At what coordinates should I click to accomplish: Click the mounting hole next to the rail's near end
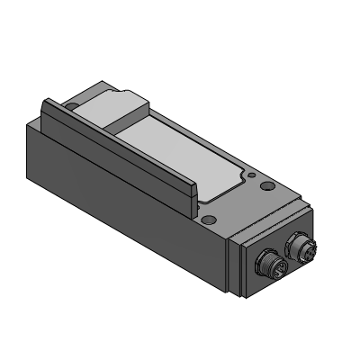[209, 220]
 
